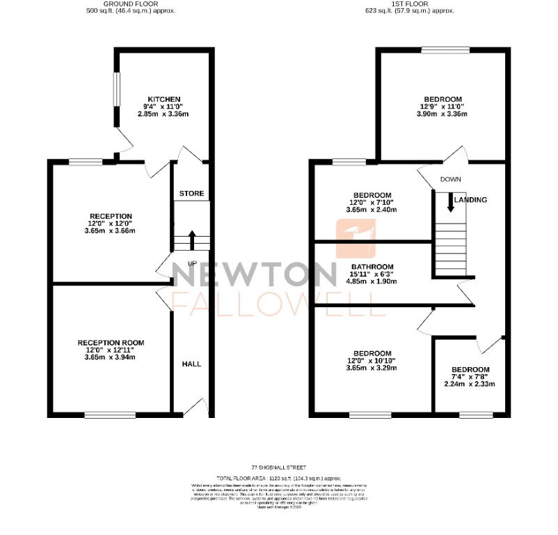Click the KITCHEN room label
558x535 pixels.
pos(164,99)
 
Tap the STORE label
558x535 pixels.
pos(191,193)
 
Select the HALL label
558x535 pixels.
pos(191,364)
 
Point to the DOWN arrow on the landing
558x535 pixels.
pos(451,202)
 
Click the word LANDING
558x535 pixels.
pos(470,200)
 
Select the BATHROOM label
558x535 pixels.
pos(373,267)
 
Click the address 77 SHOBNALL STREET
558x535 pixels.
pos(278,467)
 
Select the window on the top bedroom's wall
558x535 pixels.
pos(445,49)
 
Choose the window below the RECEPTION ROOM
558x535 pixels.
pos(110,415)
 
